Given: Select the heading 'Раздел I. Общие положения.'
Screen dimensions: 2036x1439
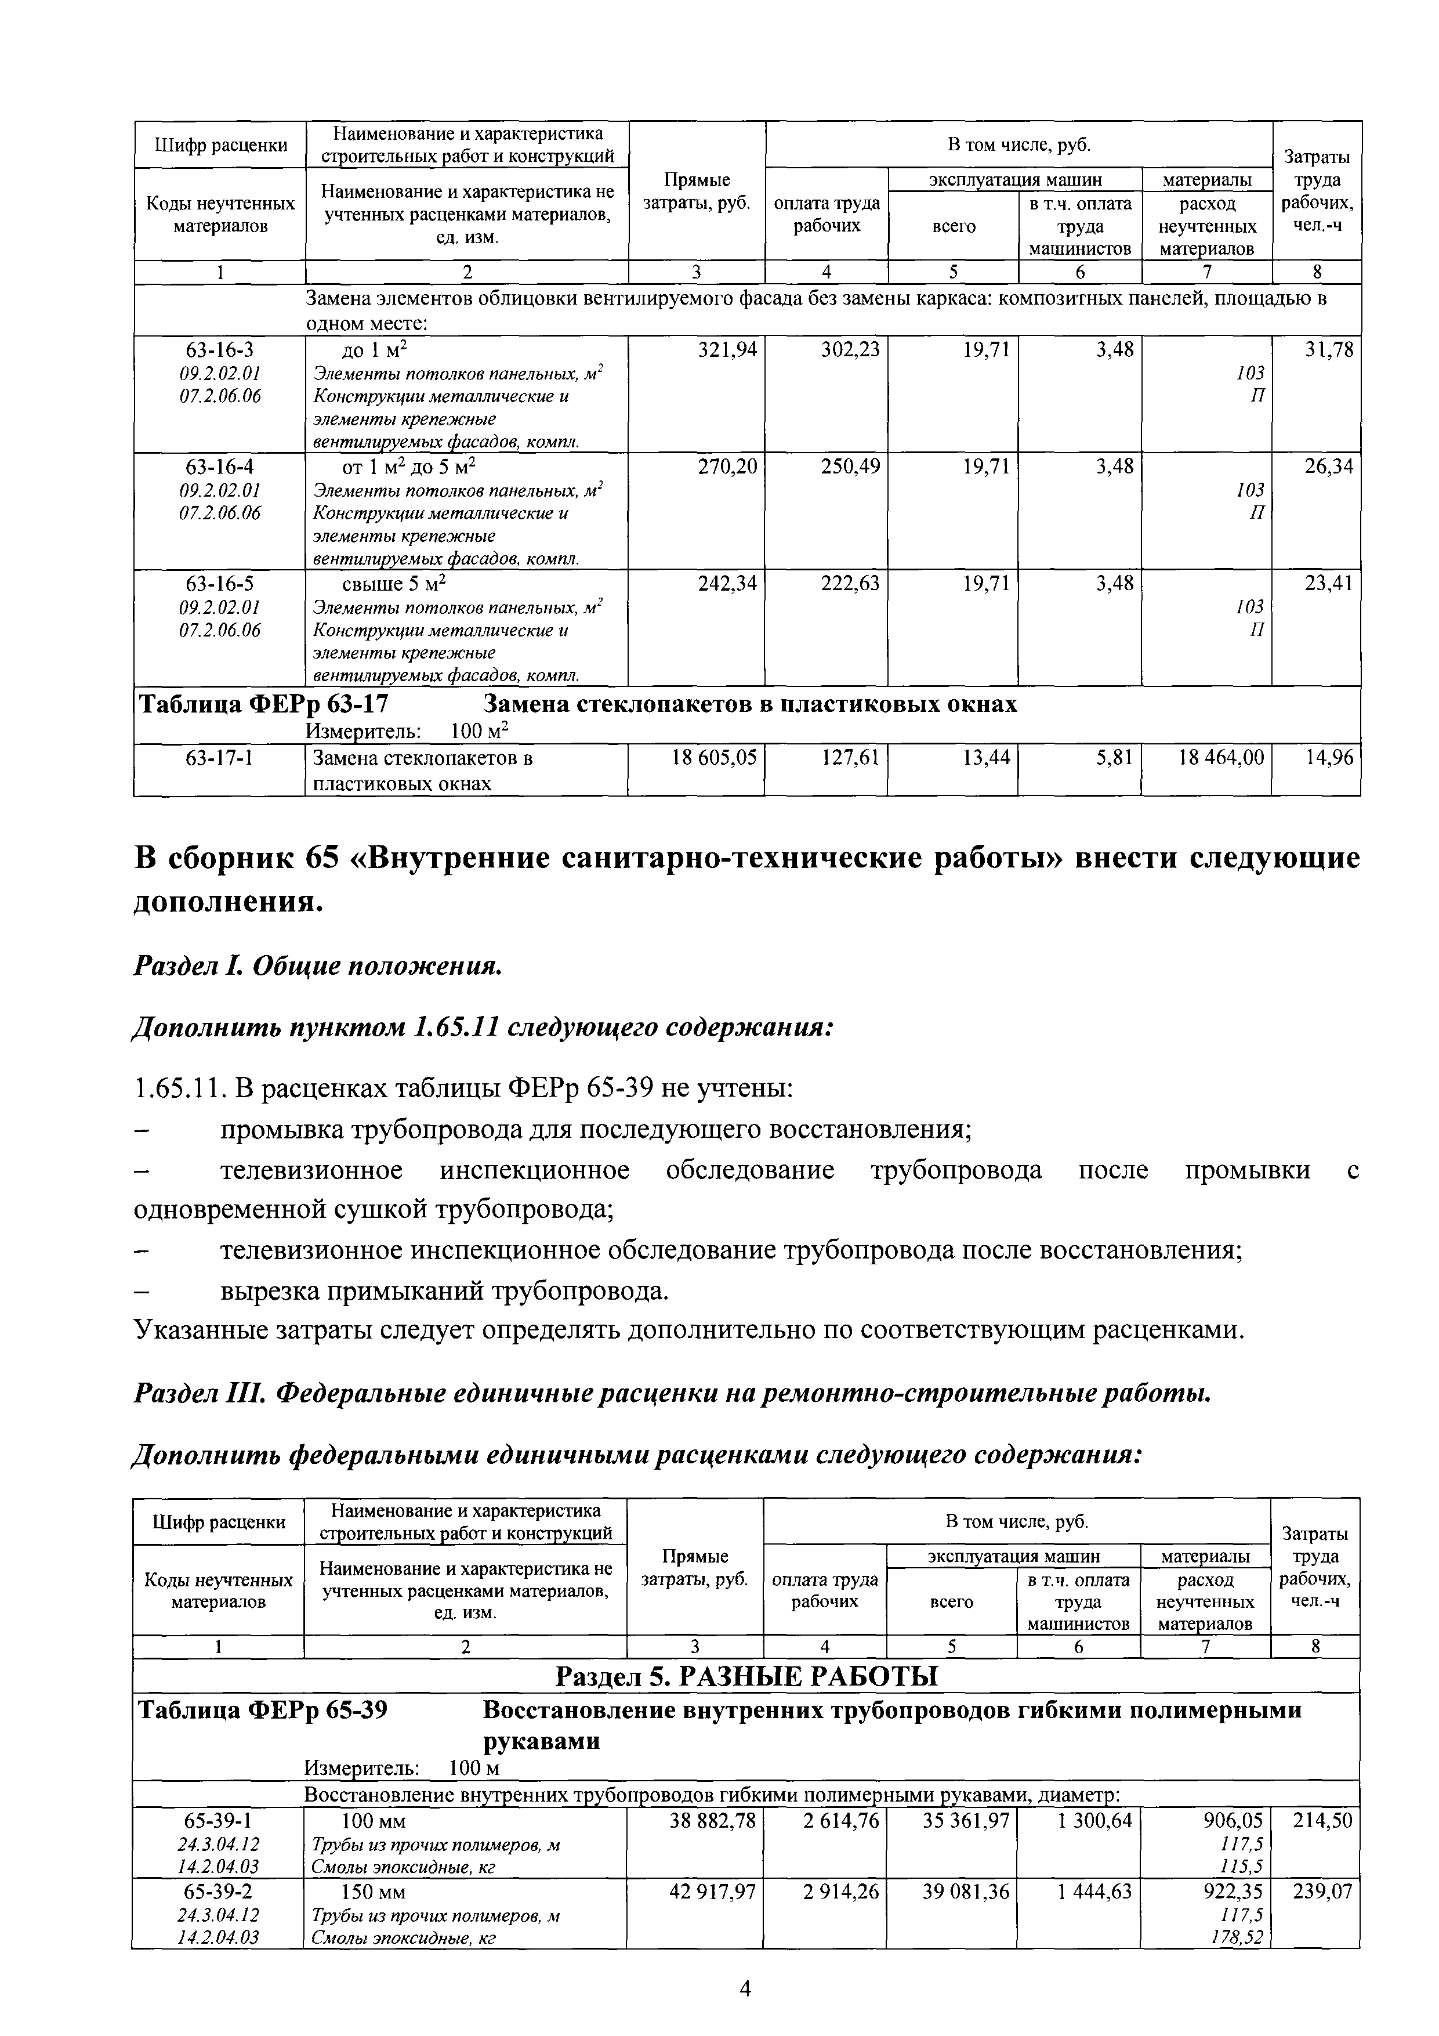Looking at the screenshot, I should (x=317, y=967).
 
